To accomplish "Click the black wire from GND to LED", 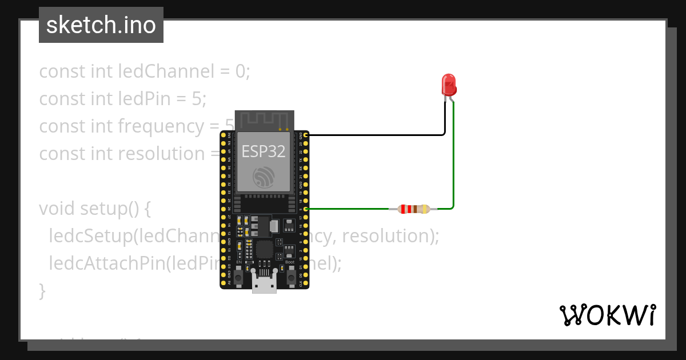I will [x=377, y=135].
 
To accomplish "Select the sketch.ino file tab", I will [x=101, y=25].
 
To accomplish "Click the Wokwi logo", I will [x=607, y=315].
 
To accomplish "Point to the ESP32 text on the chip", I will [x=264, y=151].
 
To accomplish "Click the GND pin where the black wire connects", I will [x=307, y=135].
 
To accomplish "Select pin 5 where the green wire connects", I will [x=307, y=209].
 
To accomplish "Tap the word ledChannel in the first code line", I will [x=166, y=71].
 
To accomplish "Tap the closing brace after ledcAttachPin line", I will [x=42, y=291].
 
